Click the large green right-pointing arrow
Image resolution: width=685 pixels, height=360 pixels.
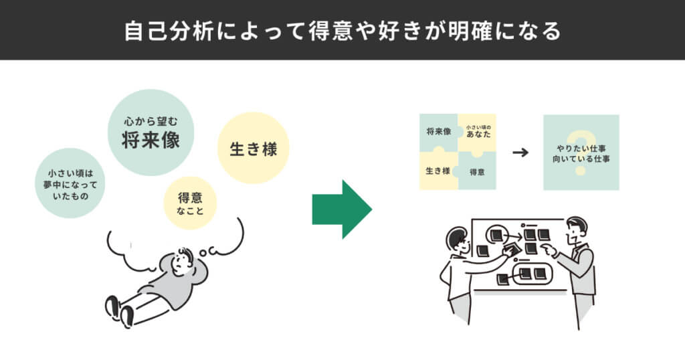point(341,209)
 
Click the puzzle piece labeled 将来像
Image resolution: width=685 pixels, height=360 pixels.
point(438,132)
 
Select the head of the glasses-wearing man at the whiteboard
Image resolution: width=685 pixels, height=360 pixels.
point(458,240)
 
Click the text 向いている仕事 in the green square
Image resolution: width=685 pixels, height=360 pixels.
point(581,160)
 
